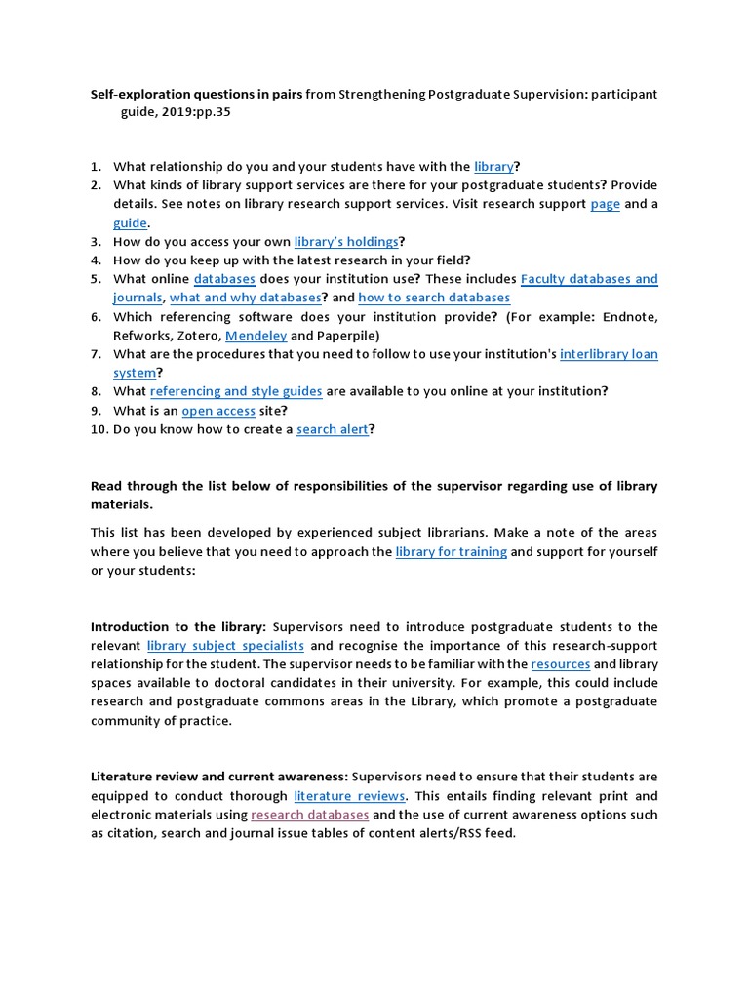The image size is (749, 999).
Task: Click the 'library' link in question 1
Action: [493, 167]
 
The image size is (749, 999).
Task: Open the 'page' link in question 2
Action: [605, 204]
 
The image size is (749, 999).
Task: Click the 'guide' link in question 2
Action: [130, 222]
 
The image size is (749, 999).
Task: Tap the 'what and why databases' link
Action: [246, 298]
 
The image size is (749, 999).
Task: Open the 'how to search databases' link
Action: [434, 298]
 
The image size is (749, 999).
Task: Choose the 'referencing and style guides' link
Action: [236, 391]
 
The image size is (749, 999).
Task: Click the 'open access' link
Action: [217, 410]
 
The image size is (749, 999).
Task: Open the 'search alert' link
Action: [333, 428]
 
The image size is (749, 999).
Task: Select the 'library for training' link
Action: [451, 551]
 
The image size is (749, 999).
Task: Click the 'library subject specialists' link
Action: [225, 646]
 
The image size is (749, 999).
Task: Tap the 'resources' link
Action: [561, 664]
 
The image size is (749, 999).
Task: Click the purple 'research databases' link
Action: [309, 814]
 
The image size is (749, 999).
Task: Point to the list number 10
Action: [99, 428]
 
